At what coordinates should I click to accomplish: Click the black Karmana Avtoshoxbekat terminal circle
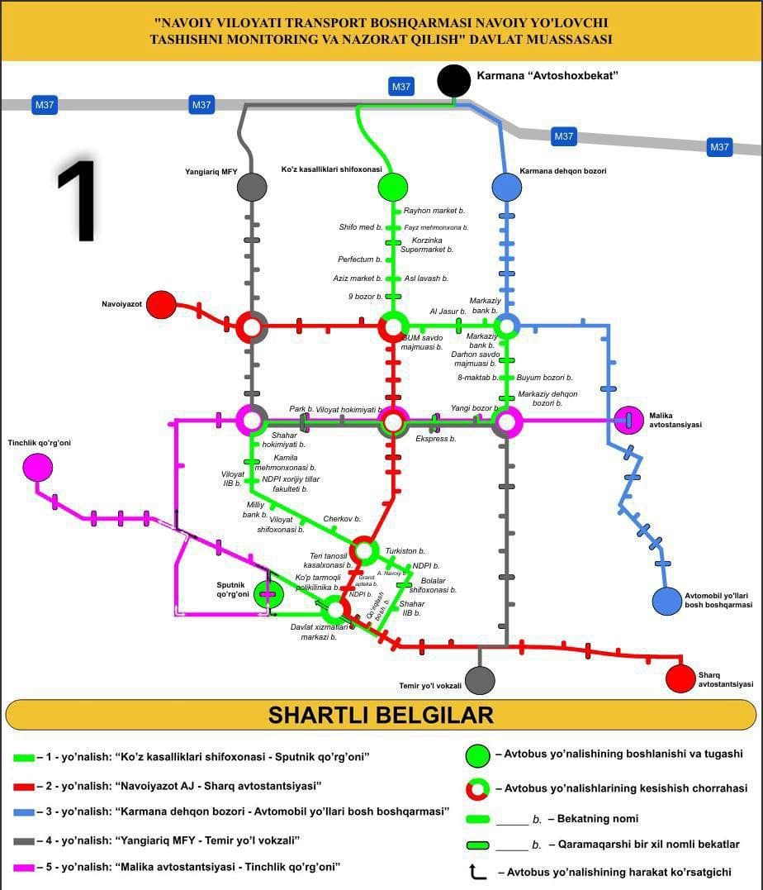pyautogui.click(x=453, y=80)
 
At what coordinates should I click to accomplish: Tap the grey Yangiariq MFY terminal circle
pyautogui.click(x=252, y=187)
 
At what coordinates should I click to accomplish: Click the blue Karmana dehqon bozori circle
pyautogui.click(x=506, y=187)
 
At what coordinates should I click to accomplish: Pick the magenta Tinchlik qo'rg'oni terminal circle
pyautogui.click(x=37, y=468)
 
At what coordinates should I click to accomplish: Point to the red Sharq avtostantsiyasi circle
pyautogui.click(x=680, y=678)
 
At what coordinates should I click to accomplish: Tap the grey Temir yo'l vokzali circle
pyautogui.click(x=480, y=680)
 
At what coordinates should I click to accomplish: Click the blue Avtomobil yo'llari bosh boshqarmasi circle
pyautogui.click(x=666, y=601)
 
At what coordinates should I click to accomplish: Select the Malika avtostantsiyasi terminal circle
pyautogui.click(x=628, y=420)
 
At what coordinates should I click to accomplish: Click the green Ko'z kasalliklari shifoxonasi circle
pyautogui.click(x=392, y=187)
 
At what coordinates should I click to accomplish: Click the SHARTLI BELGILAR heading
pyautogui.click(x=381, y=715)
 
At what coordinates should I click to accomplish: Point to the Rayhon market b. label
pyautogui.click(x=434, y=211)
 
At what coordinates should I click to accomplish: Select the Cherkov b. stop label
pyautogui.click(x=342, y=519)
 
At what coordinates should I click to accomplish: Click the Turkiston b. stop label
pyautogui.click(x=405, y=550)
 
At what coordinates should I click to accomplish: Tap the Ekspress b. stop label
pyautogui.click(x=436, y=439)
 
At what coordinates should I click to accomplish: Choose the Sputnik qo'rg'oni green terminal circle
pyautogui.click(x=268, y=593)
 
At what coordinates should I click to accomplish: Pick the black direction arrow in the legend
pyautogui.click(x=476, y=871)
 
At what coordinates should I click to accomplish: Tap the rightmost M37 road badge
pyautogui.click(x=719, y=147)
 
